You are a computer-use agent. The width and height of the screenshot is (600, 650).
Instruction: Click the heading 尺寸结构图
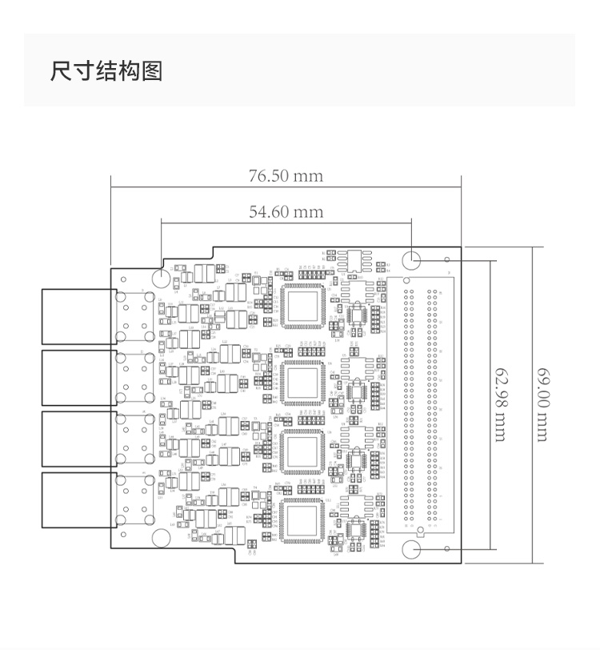click(x=106, y=71)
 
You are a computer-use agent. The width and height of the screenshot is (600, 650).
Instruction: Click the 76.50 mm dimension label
click(x=286, y=175)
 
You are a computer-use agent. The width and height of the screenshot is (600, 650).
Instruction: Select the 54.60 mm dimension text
click(x=286, y=211)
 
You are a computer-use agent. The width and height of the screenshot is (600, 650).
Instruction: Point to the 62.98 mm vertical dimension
click(x=501, y=404)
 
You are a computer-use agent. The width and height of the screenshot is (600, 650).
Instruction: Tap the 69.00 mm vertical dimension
click(x=543, y=404)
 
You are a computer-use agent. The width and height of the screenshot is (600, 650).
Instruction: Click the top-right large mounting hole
click(x=412, y=259)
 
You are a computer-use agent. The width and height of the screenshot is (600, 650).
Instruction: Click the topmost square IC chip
click(x=303, y=305)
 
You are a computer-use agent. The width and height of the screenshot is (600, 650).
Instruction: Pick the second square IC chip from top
click(x=303, y=382)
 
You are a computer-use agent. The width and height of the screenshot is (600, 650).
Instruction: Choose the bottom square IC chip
click(x=303, y=522)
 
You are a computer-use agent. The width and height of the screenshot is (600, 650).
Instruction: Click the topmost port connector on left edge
click(x=77, y=315)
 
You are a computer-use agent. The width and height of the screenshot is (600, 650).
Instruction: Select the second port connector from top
click(x=77, y=377)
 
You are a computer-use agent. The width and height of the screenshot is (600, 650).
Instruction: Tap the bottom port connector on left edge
click(x=77, y=500)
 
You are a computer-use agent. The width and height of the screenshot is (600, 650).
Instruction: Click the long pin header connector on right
click(x=422, y=404)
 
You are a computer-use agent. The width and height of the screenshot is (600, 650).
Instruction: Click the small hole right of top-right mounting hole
click(x=447, y=259)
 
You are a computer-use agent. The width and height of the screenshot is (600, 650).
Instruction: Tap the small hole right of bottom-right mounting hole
click(x=447, y=550)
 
